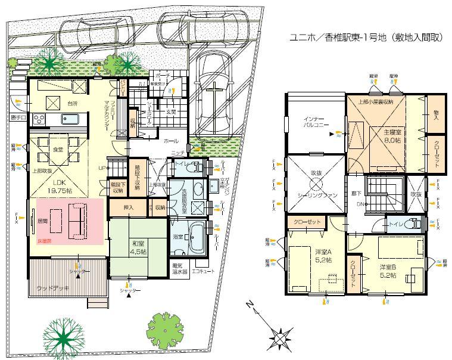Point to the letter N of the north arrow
(250, 306)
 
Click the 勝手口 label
(18, 117)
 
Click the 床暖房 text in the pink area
(45, 241)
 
